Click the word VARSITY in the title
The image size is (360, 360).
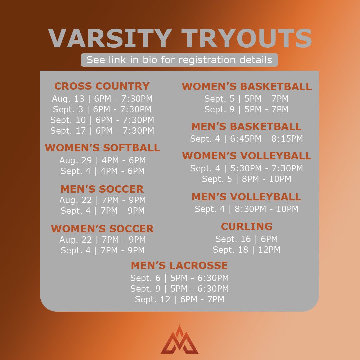pos(110,39)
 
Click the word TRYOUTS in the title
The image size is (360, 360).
pos(249,39)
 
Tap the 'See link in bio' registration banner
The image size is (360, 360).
pos(179,60)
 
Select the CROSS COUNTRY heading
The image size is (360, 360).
pos(102,86)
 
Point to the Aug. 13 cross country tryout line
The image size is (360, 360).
pos(102,99)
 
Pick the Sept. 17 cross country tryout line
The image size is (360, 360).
pos(102,131)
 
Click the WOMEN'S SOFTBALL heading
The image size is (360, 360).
pos(102,148)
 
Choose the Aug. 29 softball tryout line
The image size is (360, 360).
pos(102,160)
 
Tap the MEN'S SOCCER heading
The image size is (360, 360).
pos(102,189)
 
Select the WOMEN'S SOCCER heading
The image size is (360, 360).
pos(102,229)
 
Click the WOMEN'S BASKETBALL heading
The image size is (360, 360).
pos(247,86)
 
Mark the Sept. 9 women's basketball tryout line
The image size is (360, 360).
pos(246,109)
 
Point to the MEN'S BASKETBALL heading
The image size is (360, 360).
pos(246,126)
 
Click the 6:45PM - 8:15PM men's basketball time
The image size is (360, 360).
pos(266,139)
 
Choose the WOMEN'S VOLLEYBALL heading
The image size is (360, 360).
pos(247,156)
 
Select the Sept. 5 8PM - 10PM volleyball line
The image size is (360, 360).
pos(246,179)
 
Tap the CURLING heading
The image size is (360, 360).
pos(246,226)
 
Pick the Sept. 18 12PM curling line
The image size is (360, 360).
pos(246,250)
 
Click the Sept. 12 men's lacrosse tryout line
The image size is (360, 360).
pos(179,299)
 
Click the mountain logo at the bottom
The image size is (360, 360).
pos(179,340)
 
